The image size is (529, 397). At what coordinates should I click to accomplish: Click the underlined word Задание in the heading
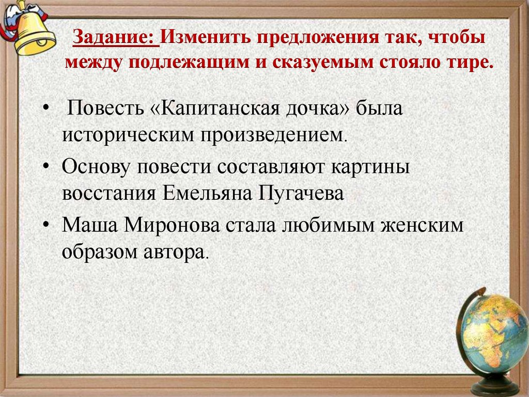tap(114, 39)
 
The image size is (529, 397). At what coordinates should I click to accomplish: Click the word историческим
tap(125, 136)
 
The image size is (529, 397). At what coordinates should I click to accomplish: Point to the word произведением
tap(267, 136)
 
